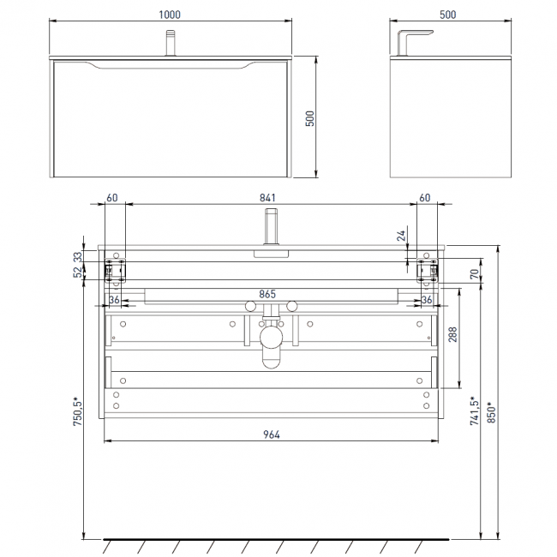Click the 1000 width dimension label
coord(170,15)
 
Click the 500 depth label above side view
coord(447,15)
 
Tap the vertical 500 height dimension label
coord(309,118)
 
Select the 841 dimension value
coord(267,197)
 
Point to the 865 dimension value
coord(267,294)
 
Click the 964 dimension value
coord(272,434)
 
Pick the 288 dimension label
coord(452,334)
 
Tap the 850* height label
coord(491,412)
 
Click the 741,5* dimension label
coord(474,410)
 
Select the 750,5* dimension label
coord(78,411)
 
